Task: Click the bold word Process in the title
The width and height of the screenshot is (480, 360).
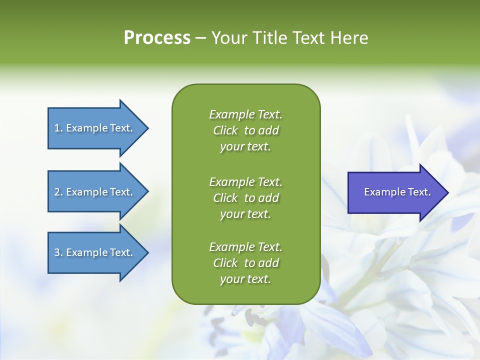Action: point(157,38)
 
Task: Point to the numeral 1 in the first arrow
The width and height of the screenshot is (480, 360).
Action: point(57,128)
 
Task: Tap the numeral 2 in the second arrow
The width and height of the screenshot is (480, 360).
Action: point(57,192)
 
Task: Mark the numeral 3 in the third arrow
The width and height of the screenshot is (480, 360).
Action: point(57,252)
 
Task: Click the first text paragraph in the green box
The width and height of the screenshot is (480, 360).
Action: point(245,130)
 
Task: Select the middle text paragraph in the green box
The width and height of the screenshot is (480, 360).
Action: point(245,197)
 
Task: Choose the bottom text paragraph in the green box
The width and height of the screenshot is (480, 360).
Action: point(245,262)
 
